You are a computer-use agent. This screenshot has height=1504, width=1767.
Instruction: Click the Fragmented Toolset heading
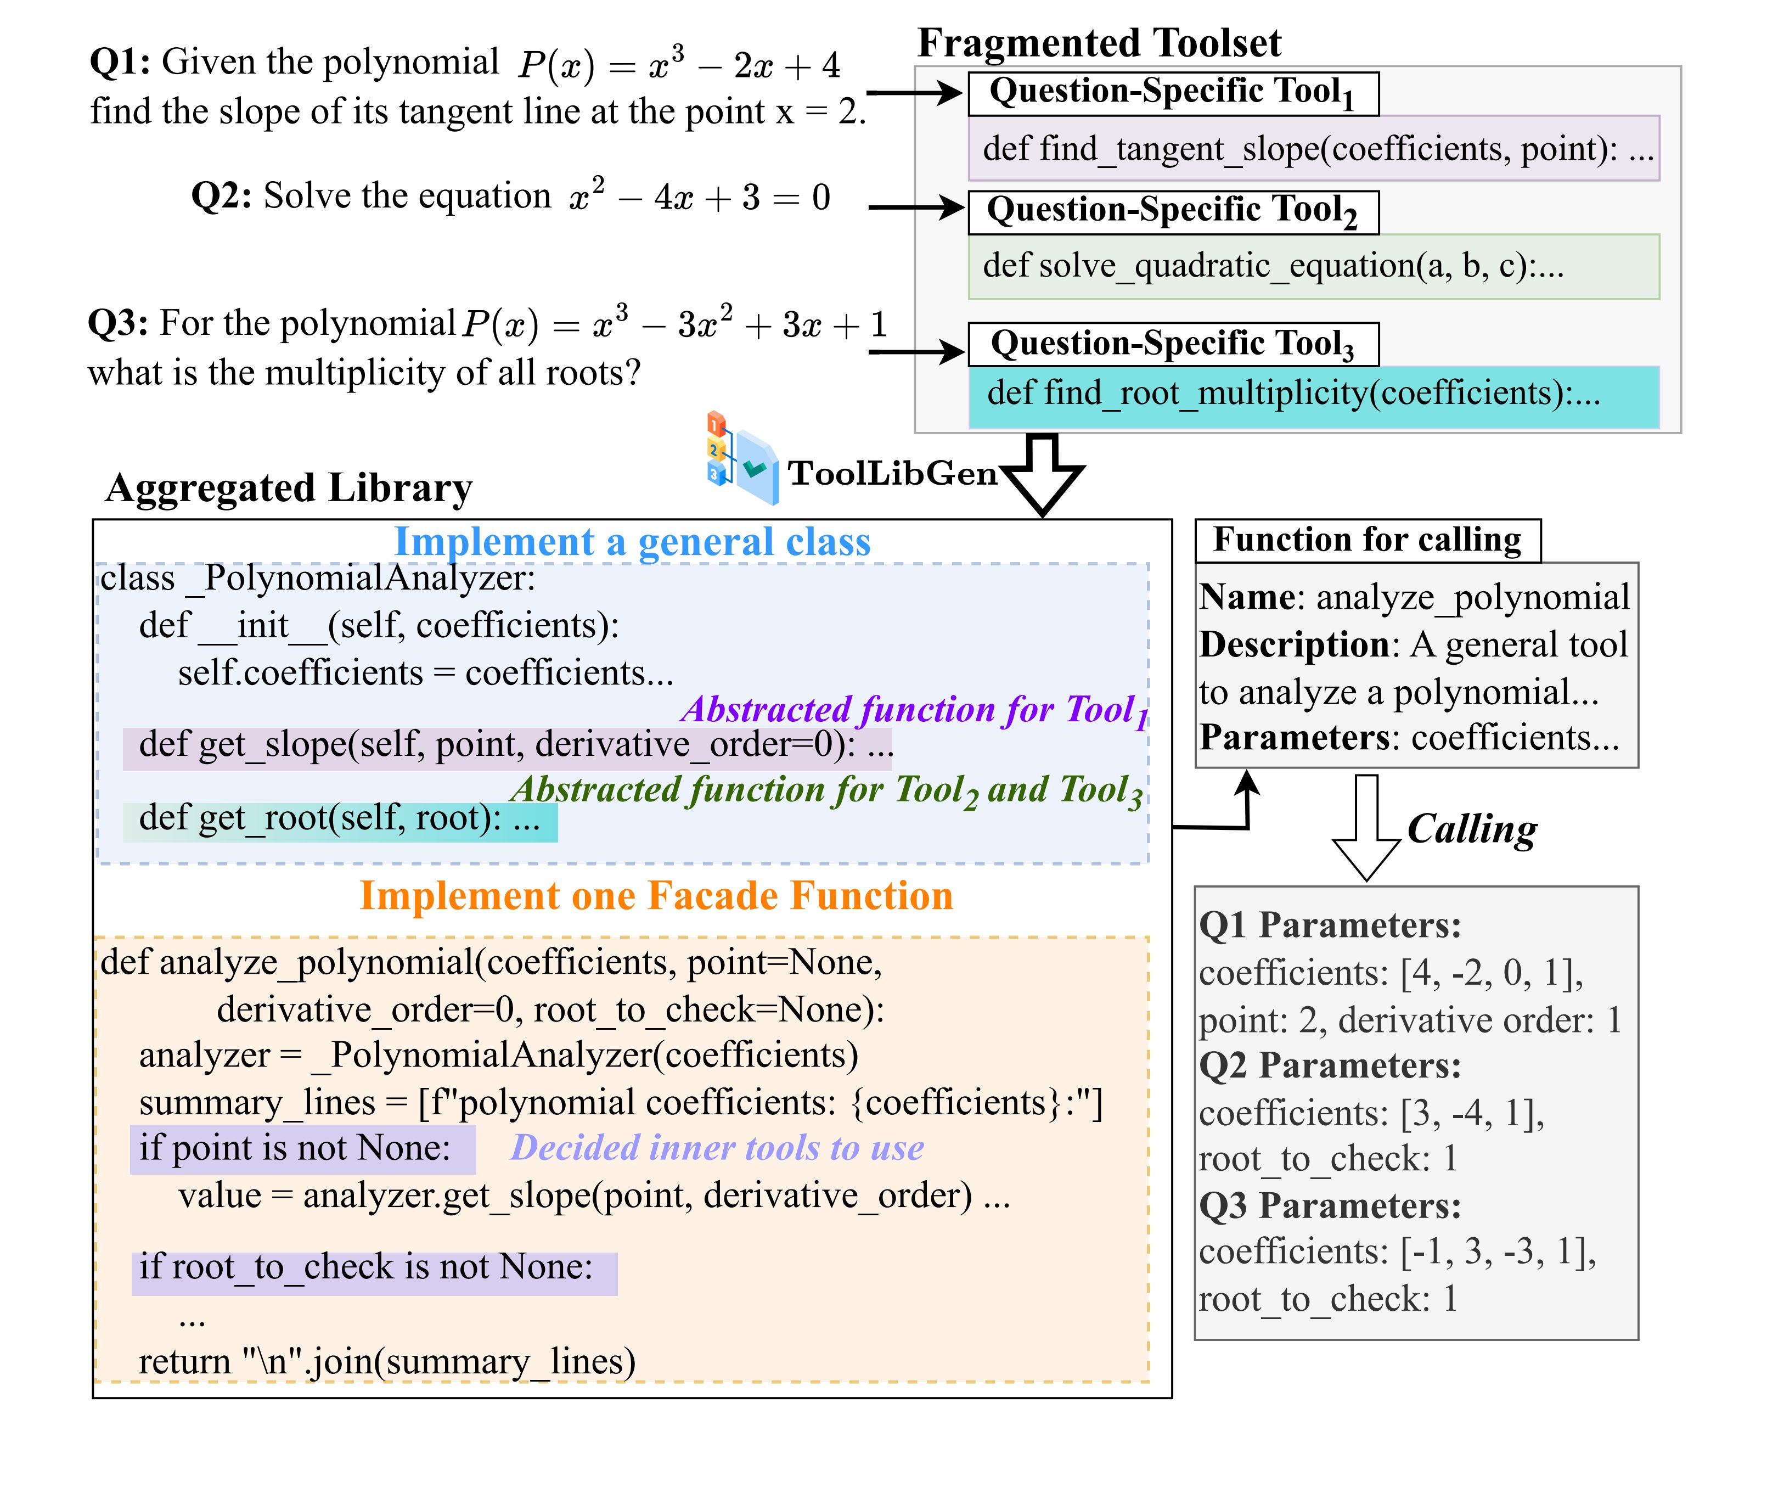(x=1098, y=43)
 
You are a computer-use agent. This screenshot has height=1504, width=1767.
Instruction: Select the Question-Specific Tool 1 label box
(x=1172, y=93)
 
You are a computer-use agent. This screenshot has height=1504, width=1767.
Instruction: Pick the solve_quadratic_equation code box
(x=1313, y=266)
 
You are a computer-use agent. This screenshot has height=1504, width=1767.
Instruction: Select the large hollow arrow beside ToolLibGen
(x=1042, y=473)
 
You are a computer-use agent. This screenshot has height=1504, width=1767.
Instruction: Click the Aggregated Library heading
(x=288, y=489)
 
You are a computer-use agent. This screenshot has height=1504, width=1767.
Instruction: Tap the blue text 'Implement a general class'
(x=632, y=542)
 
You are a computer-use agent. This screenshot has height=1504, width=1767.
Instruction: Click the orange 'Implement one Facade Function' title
(x=655, y=896)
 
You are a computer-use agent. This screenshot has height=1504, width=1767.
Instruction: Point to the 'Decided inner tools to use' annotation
(x=716, y=1148)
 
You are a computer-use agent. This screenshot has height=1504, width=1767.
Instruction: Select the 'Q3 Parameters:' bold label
(x=1330, y=1206)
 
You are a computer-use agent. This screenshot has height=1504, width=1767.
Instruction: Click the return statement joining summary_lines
(x=387, y=1362)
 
